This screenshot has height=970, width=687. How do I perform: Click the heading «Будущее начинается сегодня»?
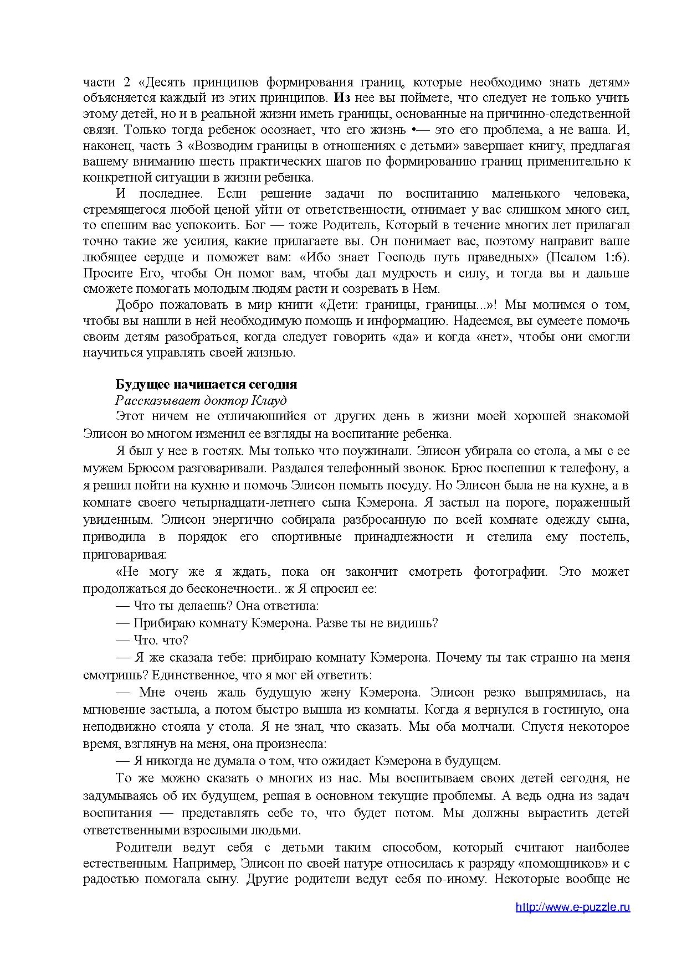(x=206, y=384)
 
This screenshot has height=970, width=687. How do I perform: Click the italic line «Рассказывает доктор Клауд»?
(x=201, y=400)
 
